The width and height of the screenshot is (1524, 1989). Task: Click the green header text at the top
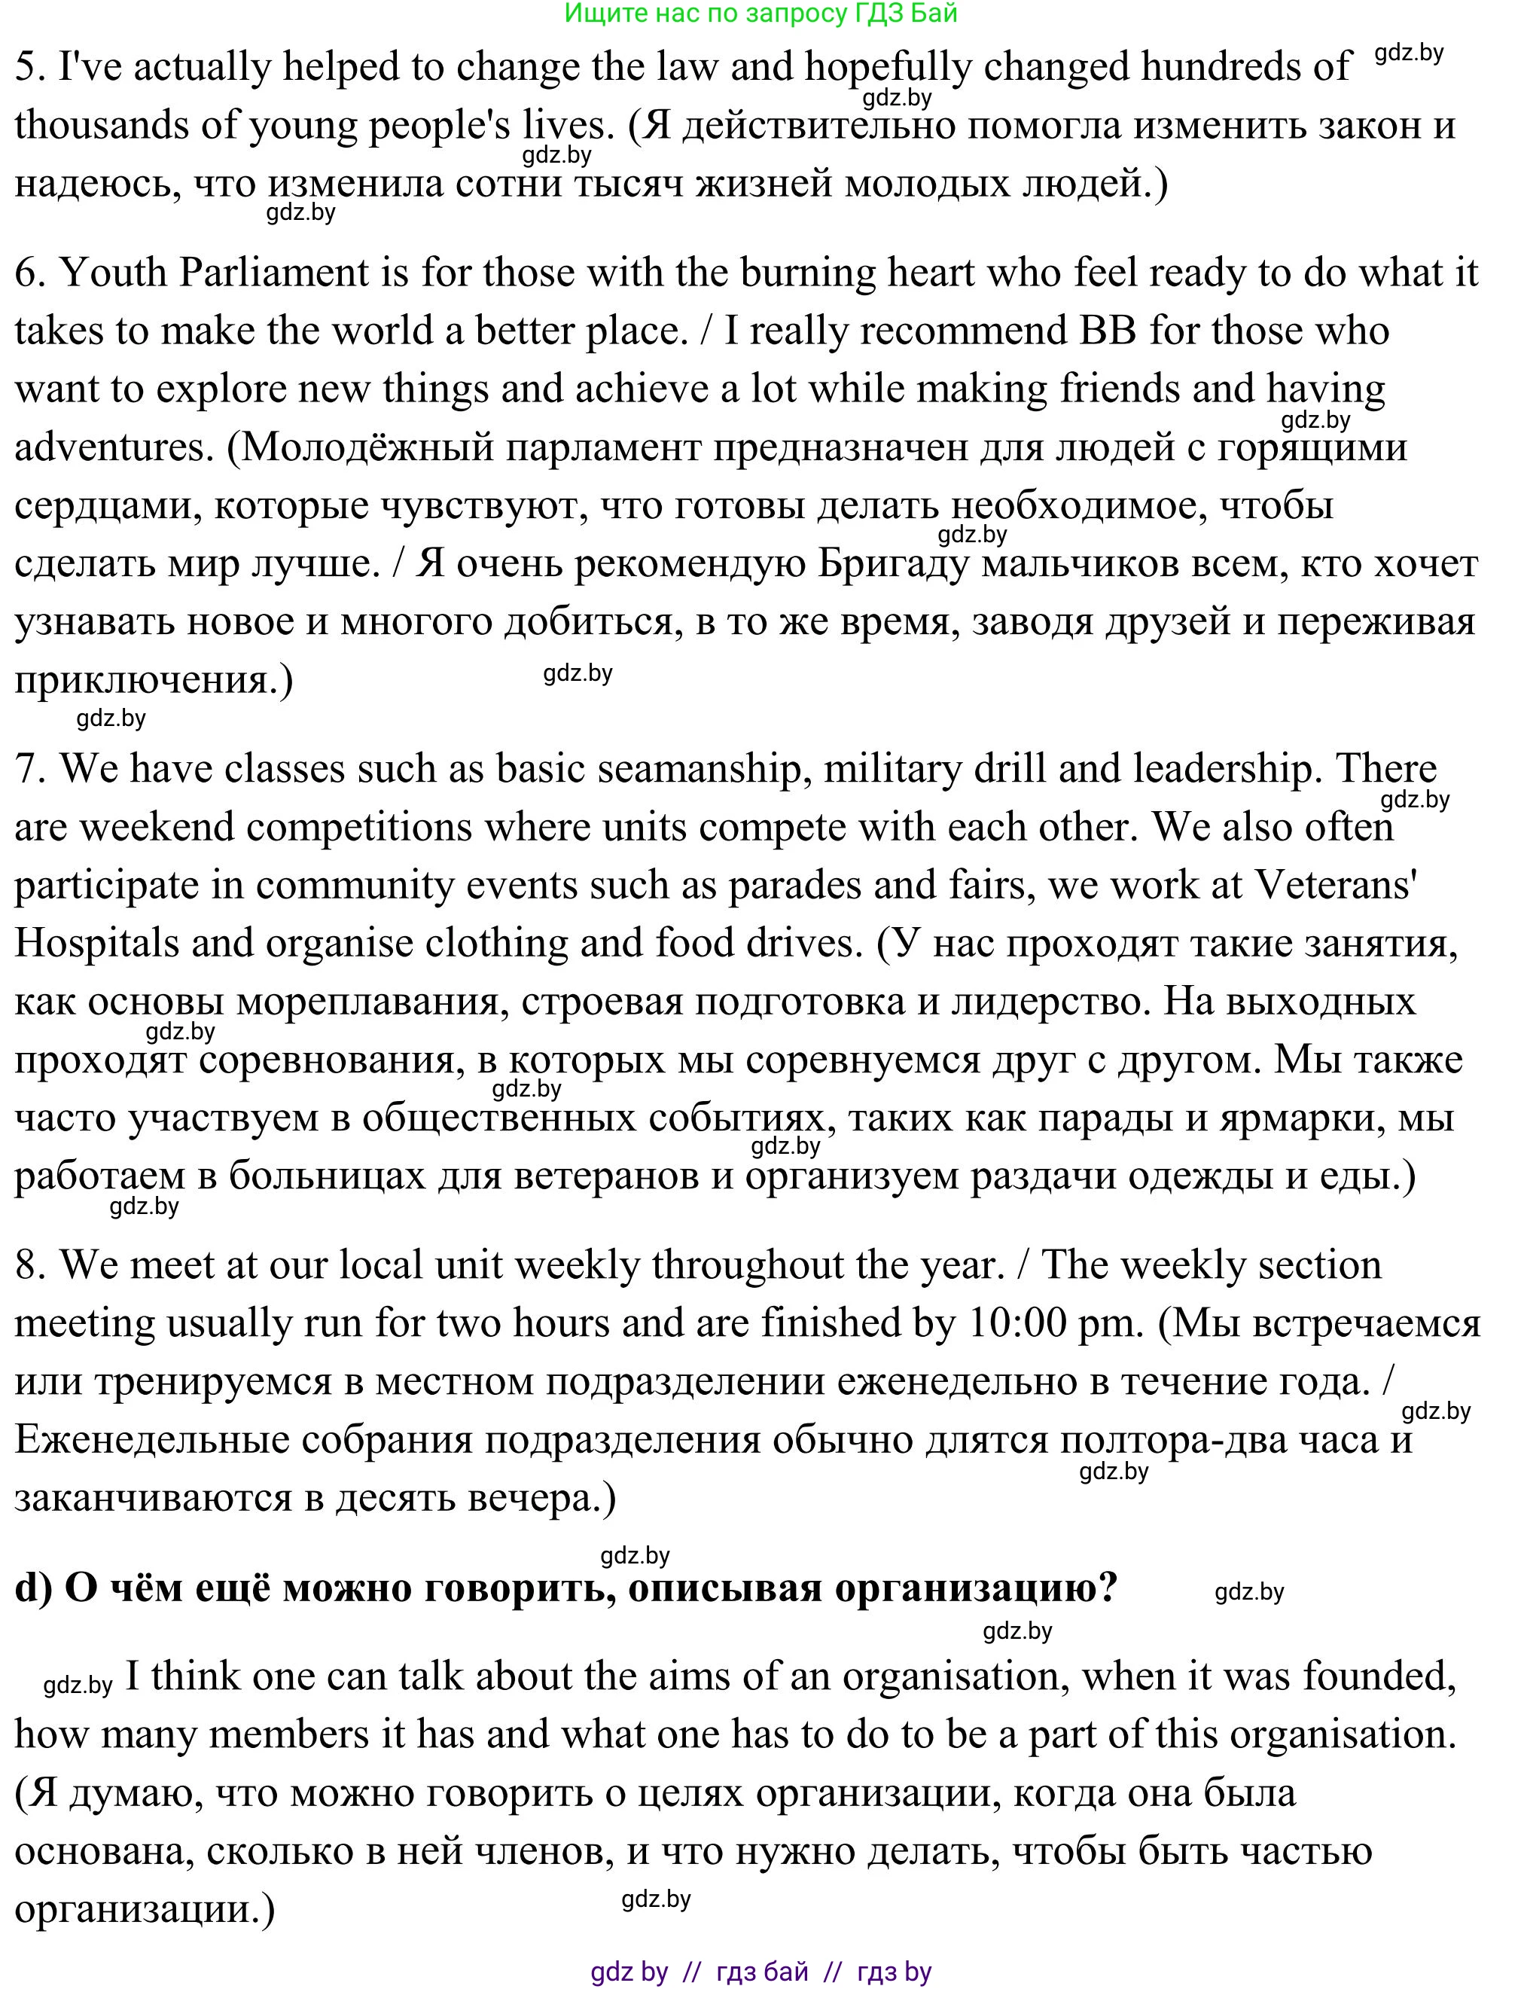click(x=760, y=13)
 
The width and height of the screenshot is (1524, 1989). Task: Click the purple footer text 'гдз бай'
click(x=762, y=1972)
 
